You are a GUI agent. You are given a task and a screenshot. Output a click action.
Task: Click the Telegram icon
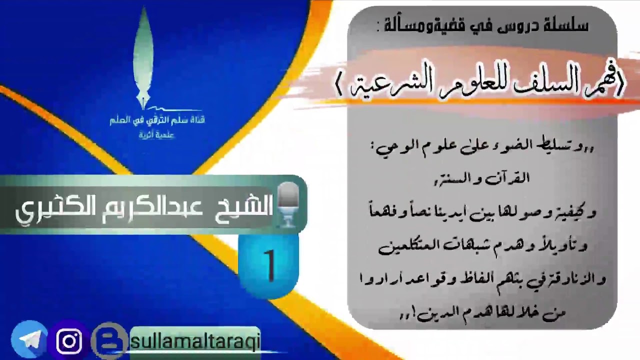click(29, 340)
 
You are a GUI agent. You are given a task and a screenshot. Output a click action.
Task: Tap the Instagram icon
click(69, 341)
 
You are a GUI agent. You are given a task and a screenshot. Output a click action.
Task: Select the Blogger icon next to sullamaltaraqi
click(109, 341)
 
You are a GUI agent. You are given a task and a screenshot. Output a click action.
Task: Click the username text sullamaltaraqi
click(195, 341)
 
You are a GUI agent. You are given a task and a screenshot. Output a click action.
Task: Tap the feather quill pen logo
click(143, 57)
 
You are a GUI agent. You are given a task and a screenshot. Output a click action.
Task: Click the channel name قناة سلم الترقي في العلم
click(157, 120)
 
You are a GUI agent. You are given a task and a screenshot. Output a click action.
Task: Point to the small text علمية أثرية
click(156, 135)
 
